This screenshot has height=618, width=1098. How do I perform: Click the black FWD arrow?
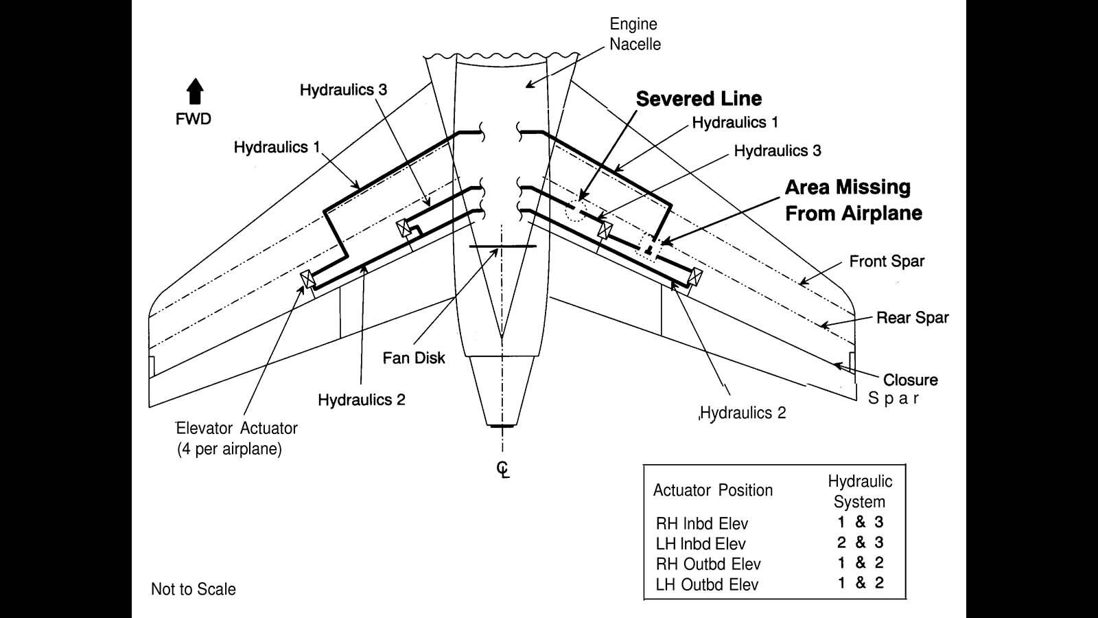click(196, 91)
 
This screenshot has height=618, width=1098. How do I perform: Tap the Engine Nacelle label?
click(635, 34)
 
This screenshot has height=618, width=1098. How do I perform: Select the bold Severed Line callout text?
click(699, 99)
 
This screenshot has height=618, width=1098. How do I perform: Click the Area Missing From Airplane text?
click(853, 200)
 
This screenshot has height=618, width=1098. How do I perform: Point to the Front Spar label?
click(887, 262)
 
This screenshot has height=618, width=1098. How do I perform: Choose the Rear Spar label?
click(912, 318)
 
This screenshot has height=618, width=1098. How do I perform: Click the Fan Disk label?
click(414, 358)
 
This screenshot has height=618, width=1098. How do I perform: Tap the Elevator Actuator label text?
click(237, 428)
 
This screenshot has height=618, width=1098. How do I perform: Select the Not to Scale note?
click(194, 589)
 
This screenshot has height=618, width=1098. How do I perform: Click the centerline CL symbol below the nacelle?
click(503, 469)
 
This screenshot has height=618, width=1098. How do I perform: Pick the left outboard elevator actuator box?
click(307, 279)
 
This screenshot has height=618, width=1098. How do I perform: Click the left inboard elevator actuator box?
click(404, 228)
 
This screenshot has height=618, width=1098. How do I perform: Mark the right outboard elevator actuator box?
click(696, 277)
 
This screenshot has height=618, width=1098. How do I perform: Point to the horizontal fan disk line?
click(502, 246)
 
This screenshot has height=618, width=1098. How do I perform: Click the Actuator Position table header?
click(712, 490)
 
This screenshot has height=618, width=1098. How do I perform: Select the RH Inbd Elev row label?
click(701, 524)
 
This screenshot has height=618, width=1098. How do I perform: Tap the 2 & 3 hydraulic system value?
click(860, 542)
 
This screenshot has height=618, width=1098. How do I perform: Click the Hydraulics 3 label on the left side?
click(343, 90)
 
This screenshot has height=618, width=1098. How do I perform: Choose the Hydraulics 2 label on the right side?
click(743, 413)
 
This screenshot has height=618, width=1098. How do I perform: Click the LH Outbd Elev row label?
click(707, 585)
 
